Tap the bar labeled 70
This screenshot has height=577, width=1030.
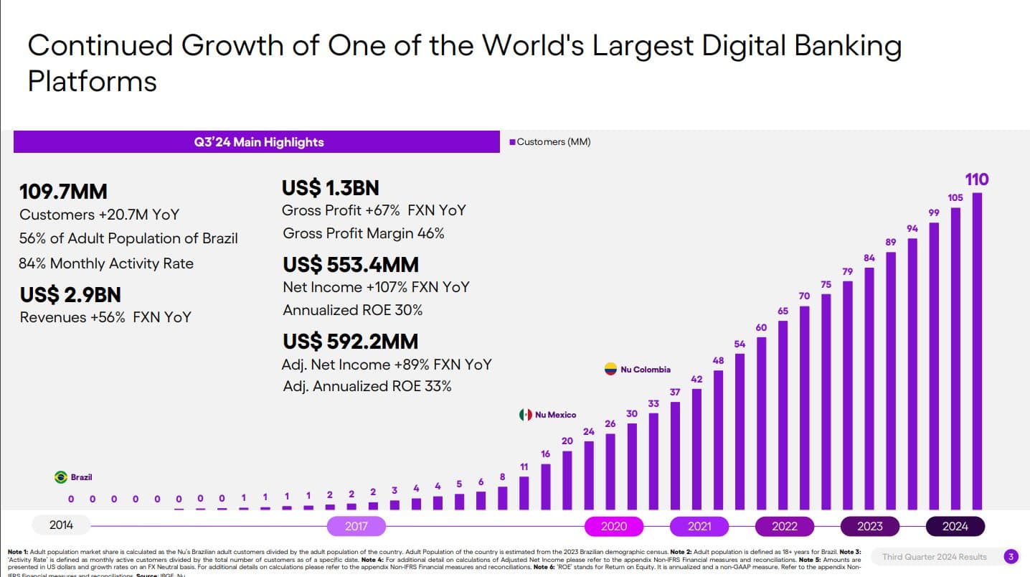coord(804,408)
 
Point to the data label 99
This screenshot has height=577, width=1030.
coord(934,212)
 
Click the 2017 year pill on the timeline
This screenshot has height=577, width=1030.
coord(356,526)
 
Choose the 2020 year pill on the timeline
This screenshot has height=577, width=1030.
coord(613,526)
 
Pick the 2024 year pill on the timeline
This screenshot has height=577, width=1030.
coord(955,526)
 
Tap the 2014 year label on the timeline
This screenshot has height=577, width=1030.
coord(61,525)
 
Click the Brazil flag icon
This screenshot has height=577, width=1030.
coord(60,477)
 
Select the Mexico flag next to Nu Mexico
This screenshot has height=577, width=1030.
coord(525,415)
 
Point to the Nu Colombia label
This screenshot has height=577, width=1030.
coord(646,370)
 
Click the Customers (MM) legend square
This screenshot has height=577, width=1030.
coord(512,142)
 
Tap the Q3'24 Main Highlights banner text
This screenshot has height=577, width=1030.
coord(258,142)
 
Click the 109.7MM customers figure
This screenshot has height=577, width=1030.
coord(63,192)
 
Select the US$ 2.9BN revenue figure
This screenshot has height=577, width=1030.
coord(70,295)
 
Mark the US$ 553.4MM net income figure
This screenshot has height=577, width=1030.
coord(350,265)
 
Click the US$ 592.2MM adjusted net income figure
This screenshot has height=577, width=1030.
coord(350,341)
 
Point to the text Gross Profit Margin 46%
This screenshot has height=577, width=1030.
coord(364,233)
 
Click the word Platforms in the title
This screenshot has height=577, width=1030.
coord(92,81)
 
